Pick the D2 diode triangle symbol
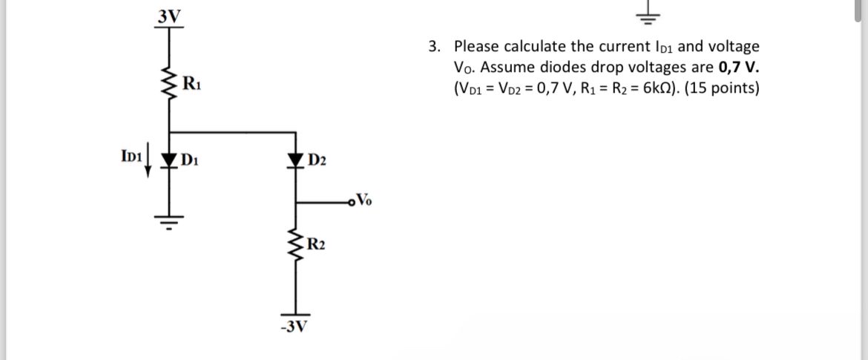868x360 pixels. tap(296, 158)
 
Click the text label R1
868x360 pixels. tap(191, 81)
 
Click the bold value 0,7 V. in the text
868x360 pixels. tap(739, 68)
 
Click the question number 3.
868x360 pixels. tap(433, 47)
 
